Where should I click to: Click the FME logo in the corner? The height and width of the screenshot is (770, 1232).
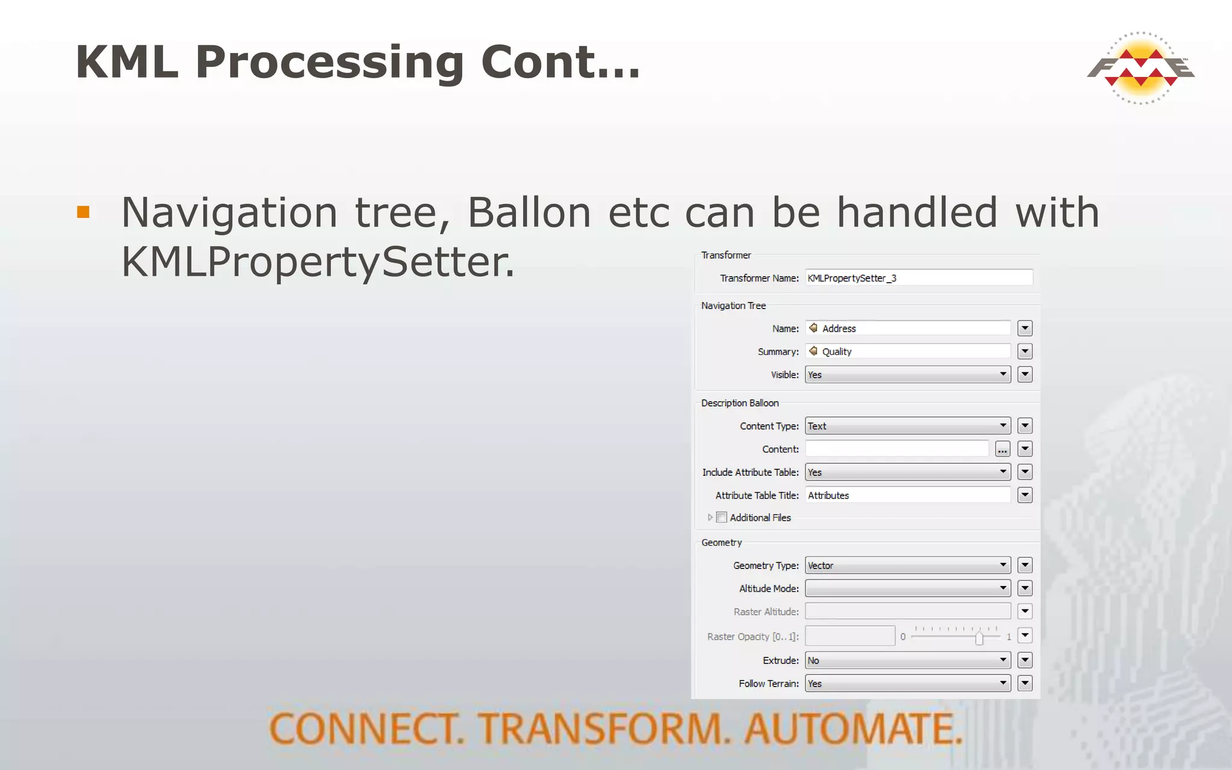[1141, 68]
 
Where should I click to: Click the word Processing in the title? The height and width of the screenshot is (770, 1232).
[329, 63]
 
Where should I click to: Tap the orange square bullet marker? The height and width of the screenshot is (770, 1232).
[84, 212]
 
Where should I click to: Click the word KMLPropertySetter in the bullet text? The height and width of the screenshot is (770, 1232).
[318, 262]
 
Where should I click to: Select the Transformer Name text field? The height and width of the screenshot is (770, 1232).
[919, 278]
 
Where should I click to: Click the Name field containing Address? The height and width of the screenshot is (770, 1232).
[908, 328]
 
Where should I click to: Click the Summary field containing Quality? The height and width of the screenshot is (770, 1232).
[908, 351]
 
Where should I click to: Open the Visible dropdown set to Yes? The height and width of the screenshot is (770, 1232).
[908, 375]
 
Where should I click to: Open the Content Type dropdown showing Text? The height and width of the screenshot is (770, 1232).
[908, 426]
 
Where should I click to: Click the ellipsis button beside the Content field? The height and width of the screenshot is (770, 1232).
[1002, 449]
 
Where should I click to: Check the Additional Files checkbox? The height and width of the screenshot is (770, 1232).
[722, 517]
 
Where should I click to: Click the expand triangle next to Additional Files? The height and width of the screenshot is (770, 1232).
[710, 517]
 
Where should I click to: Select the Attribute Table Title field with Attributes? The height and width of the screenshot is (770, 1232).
[908, 495]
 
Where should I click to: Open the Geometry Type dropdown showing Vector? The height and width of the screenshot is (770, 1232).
[908, 565]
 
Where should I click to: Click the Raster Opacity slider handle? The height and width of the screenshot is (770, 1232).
[979, 638]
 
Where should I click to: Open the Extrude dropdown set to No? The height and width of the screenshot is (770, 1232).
[908, 661]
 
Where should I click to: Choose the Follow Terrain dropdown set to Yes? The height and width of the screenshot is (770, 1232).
[908, 683]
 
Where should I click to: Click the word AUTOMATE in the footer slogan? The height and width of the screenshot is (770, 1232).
[854, 729]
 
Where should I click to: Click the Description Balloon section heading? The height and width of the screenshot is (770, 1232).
[740, 403]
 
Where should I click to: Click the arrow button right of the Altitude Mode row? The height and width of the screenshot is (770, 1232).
[1025, 588]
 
